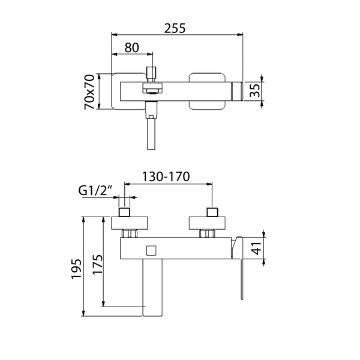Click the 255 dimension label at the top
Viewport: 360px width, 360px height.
pos(177,28)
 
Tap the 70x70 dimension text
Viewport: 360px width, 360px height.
pos(90,91)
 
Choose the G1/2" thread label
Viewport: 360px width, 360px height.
pos(97,191)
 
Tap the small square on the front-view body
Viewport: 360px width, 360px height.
pos(151,249)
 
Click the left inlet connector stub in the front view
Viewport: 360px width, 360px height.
pos(127,212)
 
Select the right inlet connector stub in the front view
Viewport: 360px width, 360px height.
pos(211,212)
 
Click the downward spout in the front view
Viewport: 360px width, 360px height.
pos(154,288)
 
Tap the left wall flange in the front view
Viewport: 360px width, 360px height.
pos(130,223)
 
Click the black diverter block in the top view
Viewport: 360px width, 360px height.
pos(152,89)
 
